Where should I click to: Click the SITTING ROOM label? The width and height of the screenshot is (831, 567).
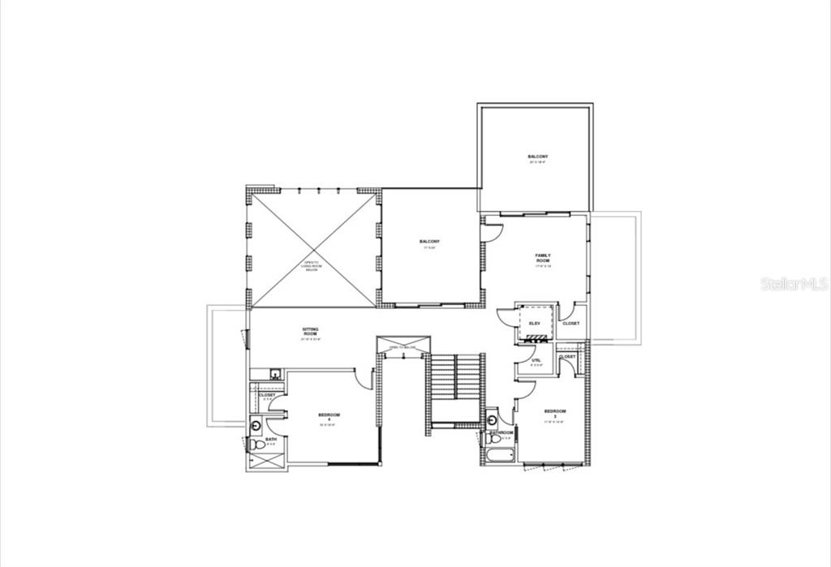[x=310, y=331]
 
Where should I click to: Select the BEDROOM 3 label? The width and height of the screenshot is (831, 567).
[x=554, y=413]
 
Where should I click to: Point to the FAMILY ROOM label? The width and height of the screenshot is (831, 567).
[x=542, y=259]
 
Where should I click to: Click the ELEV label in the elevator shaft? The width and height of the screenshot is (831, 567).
[x=534, y=324]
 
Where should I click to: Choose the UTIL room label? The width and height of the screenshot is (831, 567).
[x=536, y=360]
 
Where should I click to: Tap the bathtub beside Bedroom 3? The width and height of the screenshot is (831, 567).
[x=498, y=454]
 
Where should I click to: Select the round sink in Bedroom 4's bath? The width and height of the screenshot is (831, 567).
[x=256, y=423]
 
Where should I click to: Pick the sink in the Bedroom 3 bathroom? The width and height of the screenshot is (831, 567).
[x=492, y=419]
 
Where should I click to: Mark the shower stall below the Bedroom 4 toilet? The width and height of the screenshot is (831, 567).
[x=267, y=460]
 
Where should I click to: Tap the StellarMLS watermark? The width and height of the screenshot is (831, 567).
[x=794, y=284]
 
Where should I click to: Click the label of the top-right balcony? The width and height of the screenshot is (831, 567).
[x=537, y=157]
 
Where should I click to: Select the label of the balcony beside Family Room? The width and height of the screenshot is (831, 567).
[x=429, y=243]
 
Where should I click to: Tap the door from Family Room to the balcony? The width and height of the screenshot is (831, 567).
[x=492, y=232]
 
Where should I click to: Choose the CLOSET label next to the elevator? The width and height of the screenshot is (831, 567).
[x=571, y=324]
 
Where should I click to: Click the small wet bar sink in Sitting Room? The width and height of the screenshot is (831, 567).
[x=276, y=374]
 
